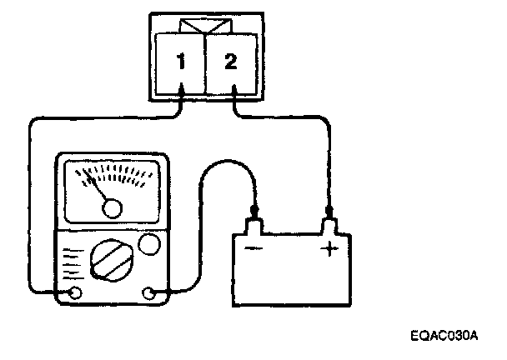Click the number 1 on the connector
179,62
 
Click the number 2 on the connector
233,62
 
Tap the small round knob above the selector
149,245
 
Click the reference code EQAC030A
449,336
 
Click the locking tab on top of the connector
206,27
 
